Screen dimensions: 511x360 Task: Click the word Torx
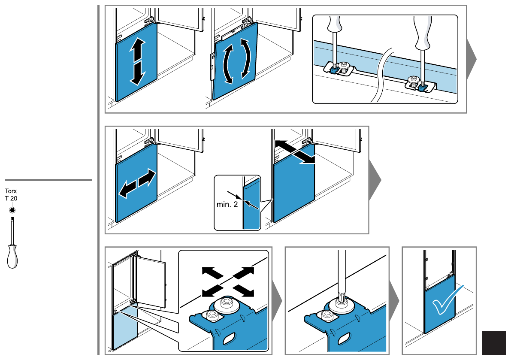point(11,191)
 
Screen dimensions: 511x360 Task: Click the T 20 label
point(11,198)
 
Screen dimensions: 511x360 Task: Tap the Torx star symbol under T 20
point(12,210)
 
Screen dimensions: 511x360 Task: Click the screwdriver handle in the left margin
point(12,257)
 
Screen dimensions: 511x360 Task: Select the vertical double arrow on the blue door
point(137,61)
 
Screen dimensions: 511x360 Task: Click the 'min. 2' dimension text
point(227,204)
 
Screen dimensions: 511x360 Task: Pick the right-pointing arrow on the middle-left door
point(147,178)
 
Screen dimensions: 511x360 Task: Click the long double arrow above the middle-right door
point(295,152)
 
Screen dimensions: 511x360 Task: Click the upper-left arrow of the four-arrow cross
point(212,272)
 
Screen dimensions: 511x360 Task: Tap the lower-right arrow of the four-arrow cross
point(243,290)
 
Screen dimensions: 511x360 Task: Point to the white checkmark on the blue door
point(448,300)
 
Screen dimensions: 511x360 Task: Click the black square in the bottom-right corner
point(494,343)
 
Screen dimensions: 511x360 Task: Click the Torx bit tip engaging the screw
point(342,297)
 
